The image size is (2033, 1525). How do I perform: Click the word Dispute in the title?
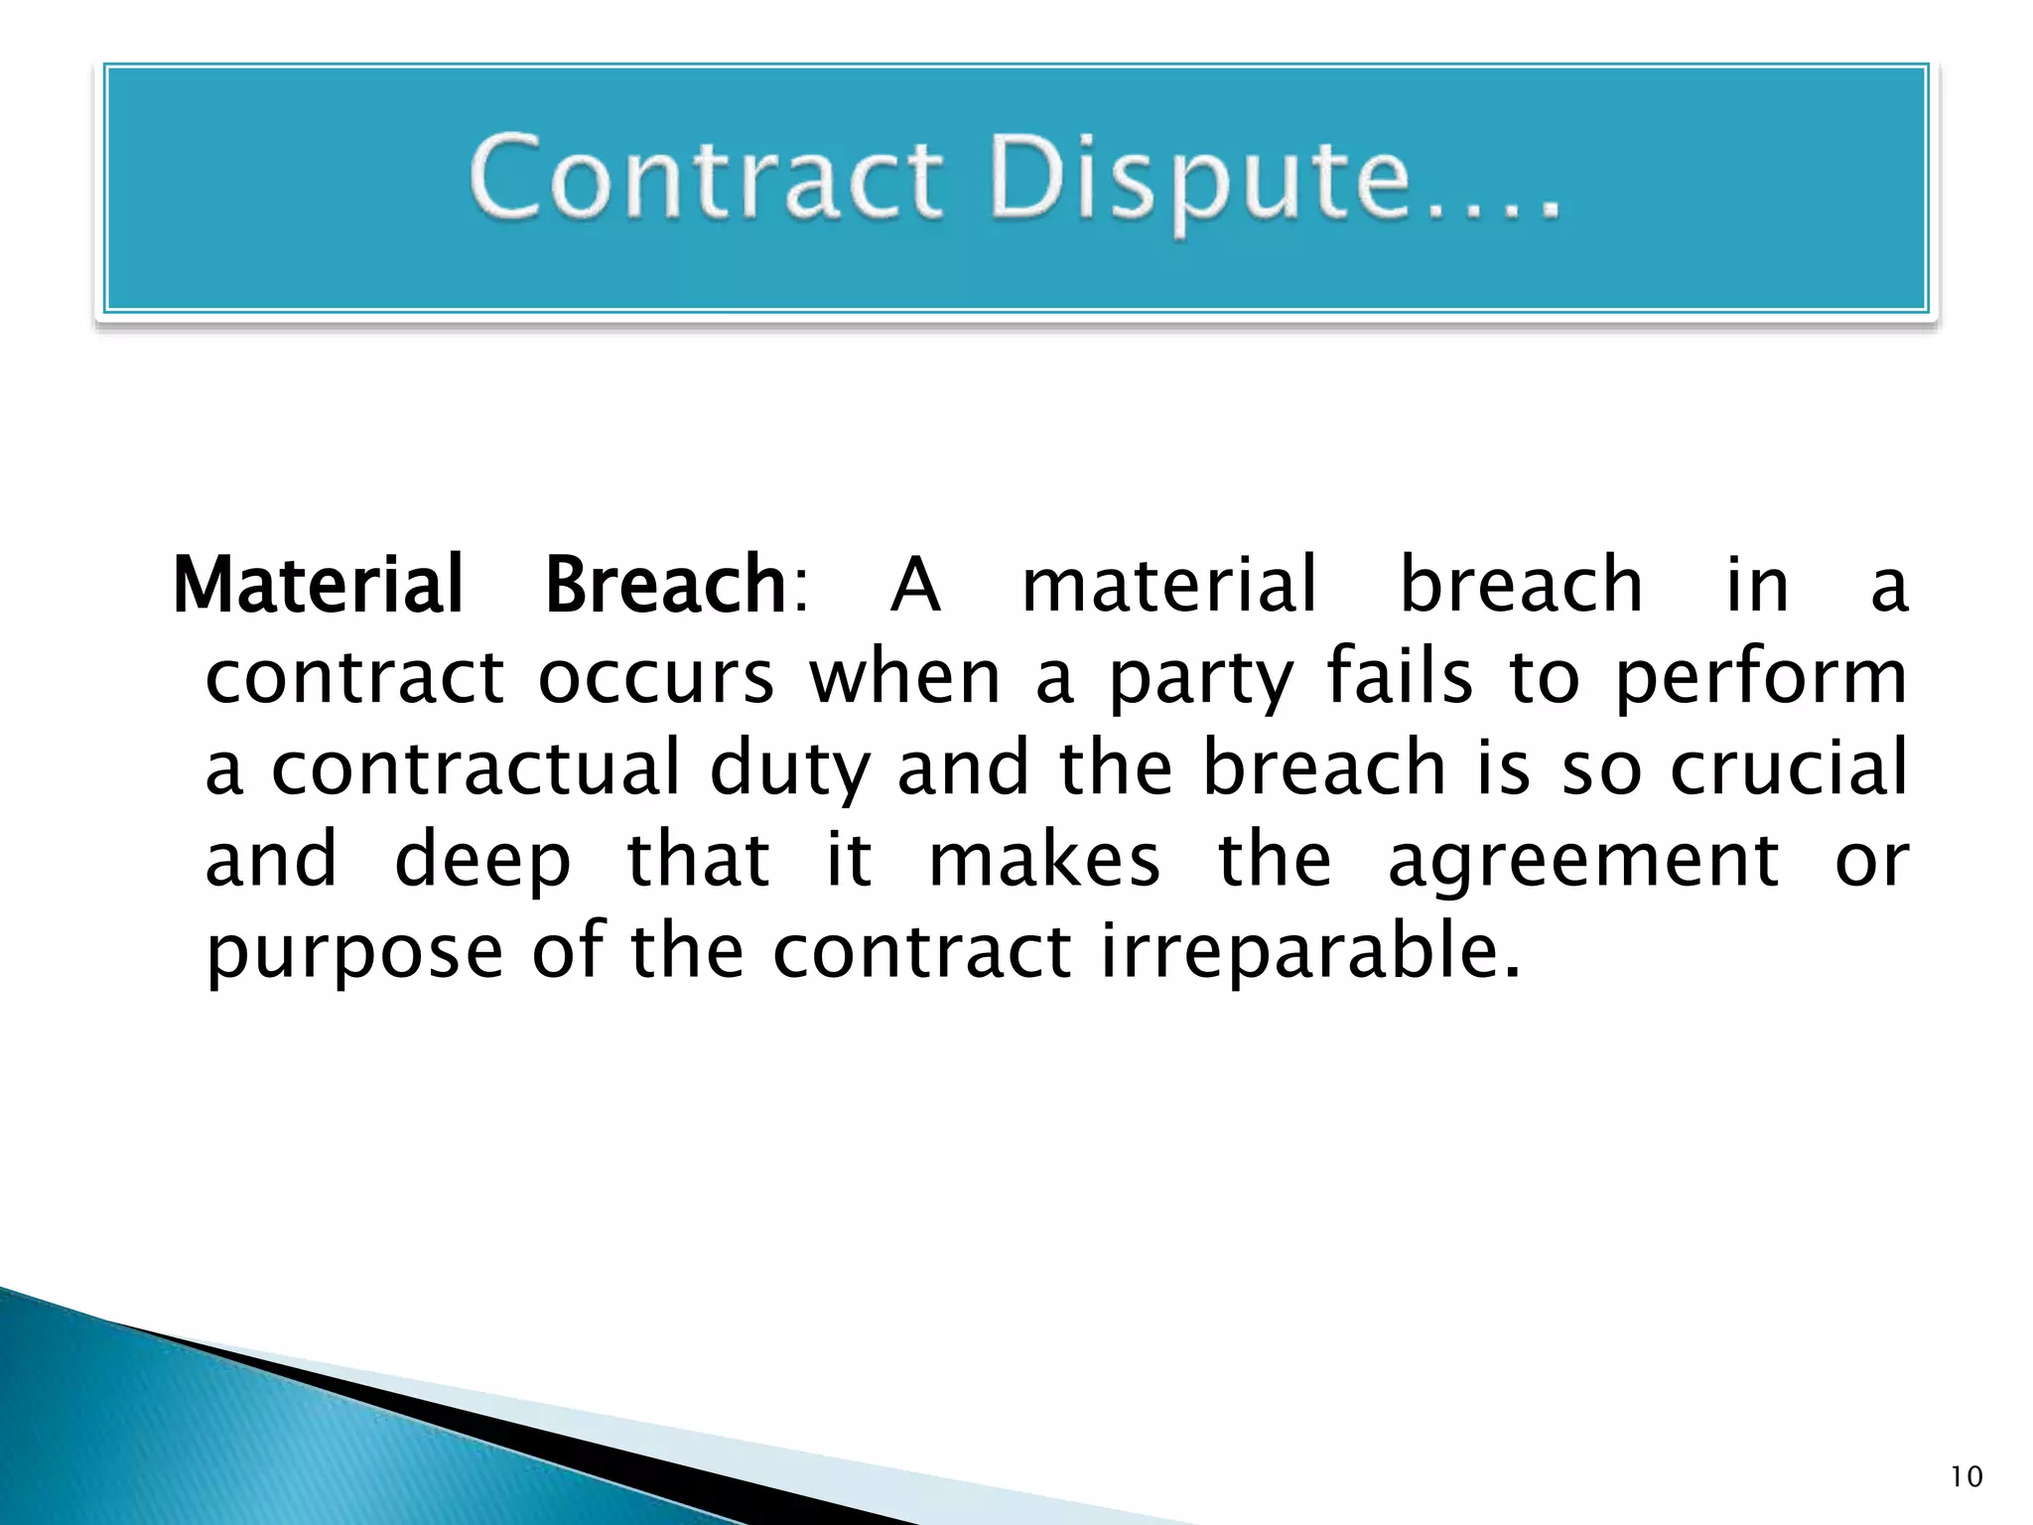click(1199, 179)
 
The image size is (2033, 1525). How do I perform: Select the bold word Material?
click(319, 585)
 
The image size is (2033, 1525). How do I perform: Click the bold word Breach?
click(666, 585)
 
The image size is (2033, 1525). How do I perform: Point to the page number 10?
click(1965, 1477)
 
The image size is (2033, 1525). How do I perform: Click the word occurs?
click(655, 678)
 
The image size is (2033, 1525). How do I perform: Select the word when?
click(904, 678)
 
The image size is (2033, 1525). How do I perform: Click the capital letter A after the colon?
click(914, 585)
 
